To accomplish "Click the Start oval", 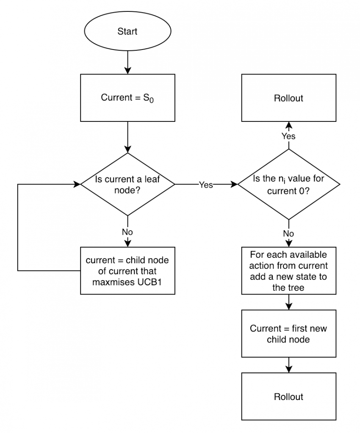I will click(x=127, y=32).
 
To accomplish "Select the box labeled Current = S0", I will click(x=127, y=98).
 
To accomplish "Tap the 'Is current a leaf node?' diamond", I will click(x=127, y=185).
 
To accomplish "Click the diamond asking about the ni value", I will click(x=288, y=185).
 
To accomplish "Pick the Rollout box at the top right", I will click(x=288, y=98).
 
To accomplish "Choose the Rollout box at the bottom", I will click(x=288, y=396).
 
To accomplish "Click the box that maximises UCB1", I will click(x=127, y=270).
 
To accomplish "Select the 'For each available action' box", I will click(x=288, y=271).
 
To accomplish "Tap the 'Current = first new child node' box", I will click(x=288, y=334).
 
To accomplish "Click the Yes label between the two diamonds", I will click(x=206, y=185).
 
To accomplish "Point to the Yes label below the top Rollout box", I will click(x=288, y=136).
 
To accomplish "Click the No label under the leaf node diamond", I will click(x=127, y=232).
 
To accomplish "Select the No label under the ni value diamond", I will click(x=288, y=233).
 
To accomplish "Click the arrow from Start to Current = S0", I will click(x=127, y=63).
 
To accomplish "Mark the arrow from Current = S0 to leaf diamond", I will click(x=127, y=138).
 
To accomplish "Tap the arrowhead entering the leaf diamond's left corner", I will click(x=77, y=185).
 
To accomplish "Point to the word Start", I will click(x=127, y=32).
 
